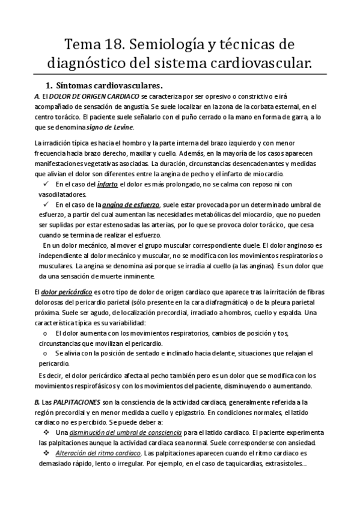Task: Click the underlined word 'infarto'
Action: (108, 183)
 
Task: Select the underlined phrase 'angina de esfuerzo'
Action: (129, 204)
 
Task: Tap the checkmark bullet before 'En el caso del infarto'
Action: (46, 183)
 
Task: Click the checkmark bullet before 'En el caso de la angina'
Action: (46, 204)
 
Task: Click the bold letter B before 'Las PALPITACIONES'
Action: (37, 401)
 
